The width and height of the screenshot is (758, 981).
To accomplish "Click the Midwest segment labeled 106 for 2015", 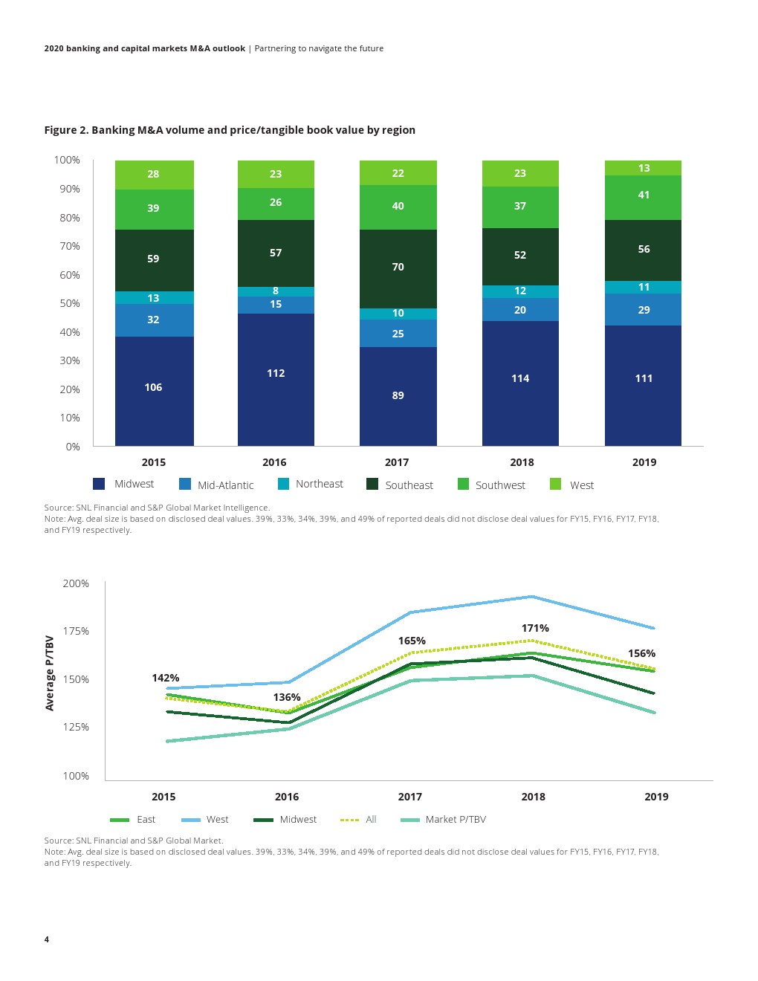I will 154,387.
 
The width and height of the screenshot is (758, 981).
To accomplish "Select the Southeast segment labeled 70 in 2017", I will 398,267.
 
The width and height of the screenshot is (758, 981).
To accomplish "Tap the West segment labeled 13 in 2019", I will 644,168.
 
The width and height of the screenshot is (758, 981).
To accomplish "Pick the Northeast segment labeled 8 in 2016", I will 276,291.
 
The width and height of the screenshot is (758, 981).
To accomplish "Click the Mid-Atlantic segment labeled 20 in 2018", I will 520,310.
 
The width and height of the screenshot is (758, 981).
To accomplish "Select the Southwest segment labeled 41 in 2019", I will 644,195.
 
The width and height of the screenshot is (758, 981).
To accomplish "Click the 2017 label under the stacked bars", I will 397,462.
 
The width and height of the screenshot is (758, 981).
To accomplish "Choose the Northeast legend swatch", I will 283,484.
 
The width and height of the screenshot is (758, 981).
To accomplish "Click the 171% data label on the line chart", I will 535,628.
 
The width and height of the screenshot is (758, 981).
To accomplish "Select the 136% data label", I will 287,697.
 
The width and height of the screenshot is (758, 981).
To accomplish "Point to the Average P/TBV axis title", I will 50,673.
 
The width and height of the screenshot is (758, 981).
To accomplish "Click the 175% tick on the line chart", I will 76,631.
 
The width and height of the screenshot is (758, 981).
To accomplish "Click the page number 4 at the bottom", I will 47,939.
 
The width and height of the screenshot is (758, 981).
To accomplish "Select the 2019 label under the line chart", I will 656,797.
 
